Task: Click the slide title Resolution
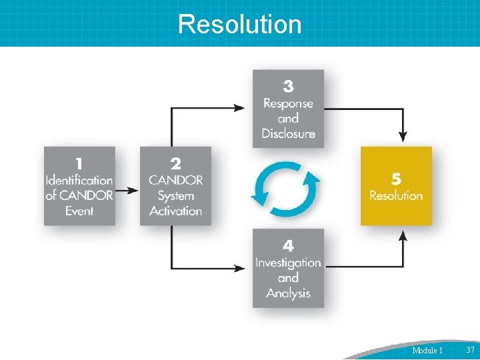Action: (240, 24)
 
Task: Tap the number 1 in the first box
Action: (79, 163)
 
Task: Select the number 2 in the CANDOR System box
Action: (175, 163)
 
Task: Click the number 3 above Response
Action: (288, 86)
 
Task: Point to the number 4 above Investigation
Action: (288, 246)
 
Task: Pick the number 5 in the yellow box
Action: (396, 179)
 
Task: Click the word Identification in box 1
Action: (79, 180)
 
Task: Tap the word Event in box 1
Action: (79, 211)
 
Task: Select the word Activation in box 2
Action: (175, 211)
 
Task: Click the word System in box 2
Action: (175, 195)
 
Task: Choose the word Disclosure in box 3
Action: (288, 133)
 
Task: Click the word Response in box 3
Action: (288, 103)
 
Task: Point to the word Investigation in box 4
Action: (288, 263)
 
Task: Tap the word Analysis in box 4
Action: (288, 293)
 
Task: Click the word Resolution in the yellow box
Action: (396, 195)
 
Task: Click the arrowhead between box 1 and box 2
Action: (134, 190)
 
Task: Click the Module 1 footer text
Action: (427, 350)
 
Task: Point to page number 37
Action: (470, 350)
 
